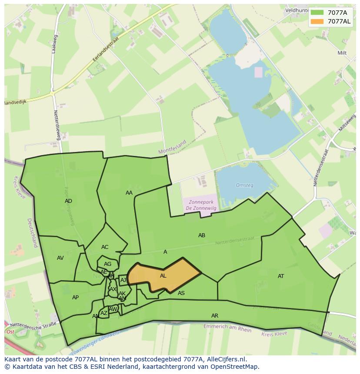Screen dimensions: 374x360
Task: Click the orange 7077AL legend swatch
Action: (317, 21)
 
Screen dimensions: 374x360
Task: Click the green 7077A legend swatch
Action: (317, 12)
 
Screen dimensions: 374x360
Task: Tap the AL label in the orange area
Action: (163, 276)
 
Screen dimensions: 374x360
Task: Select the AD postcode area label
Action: (68, 201)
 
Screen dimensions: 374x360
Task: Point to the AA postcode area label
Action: (129, 193)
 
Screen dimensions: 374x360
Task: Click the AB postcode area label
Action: (202, 235)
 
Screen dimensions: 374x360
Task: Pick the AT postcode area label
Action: (281, 276)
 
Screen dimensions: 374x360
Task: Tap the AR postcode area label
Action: (215, 316)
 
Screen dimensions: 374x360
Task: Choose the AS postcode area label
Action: (181, 293)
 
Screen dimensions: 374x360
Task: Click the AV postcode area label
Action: (60, 258)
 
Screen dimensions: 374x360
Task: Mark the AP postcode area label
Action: (75, 298)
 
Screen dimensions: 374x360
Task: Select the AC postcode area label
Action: (105, 247)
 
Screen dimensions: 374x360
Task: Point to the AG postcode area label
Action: (107, 264)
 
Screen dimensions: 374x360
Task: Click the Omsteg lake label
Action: (244, 185)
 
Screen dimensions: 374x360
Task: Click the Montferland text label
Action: (172, 147)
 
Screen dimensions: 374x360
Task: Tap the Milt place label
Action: (342, 53)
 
